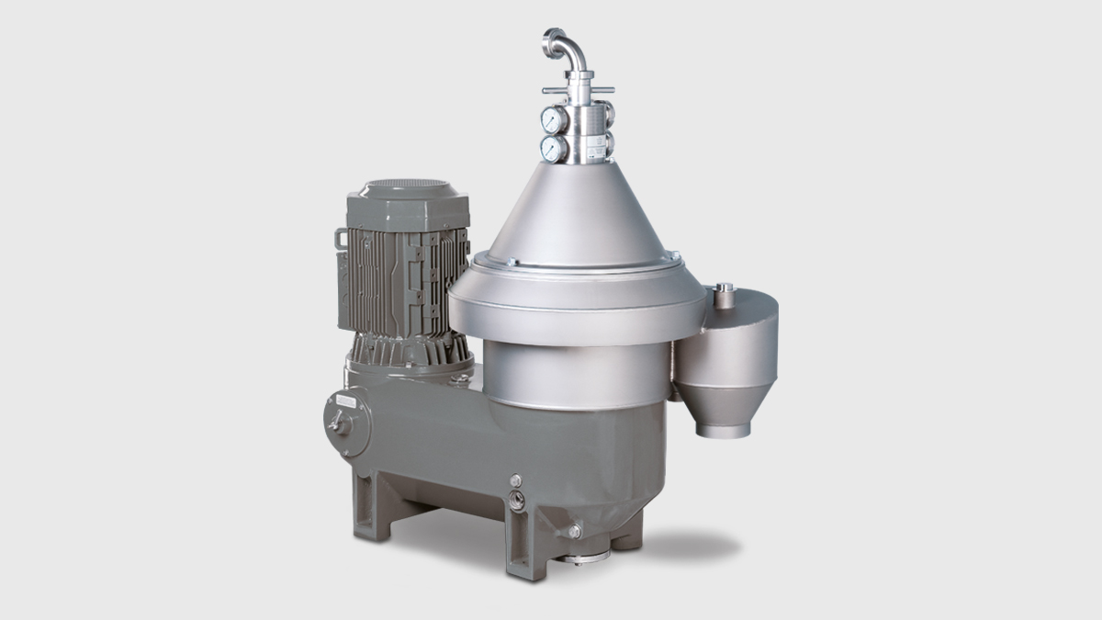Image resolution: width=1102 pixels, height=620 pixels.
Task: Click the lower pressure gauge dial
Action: coord(552,149)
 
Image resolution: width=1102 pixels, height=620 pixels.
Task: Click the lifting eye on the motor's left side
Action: coord(342,239)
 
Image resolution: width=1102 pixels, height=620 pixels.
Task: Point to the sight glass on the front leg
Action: coord(517,502)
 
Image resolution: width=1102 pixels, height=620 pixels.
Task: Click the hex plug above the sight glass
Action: coord(515,480)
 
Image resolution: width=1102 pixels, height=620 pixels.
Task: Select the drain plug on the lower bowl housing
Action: coord(574,531)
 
